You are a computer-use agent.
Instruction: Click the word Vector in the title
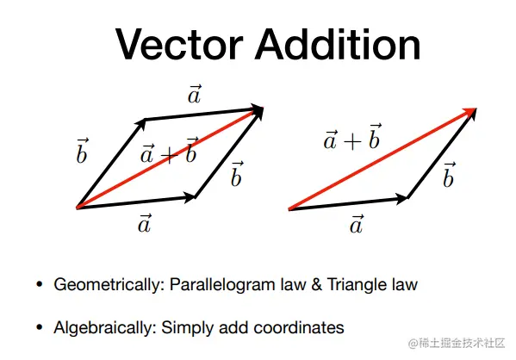[179, 44]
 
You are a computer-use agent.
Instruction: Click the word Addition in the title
[338, 44]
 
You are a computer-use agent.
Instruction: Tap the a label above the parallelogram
[195, 95]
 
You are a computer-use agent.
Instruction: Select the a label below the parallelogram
[145, 223]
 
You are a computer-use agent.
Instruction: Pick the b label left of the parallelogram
[82, 151]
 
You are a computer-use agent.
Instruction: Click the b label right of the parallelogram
[237, 174]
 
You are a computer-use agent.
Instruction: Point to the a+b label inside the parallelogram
[169, 151]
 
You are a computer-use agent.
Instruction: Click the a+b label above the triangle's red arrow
[352, 137]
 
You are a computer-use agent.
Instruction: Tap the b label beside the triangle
[449, 175]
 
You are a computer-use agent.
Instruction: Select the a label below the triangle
[357, 225]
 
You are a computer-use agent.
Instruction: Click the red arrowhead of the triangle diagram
[469, 113]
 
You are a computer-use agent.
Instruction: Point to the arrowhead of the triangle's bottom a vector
[401, 199]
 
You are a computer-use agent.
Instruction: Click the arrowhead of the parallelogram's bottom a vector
[190, 197]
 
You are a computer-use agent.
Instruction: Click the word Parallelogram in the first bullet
[222, 285]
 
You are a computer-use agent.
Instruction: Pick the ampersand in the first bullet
[316, 285]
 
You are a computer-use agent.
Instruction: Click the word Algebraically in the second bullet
[105, 328]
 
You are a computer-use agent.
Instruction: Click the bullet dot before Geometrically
[40, 284]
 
